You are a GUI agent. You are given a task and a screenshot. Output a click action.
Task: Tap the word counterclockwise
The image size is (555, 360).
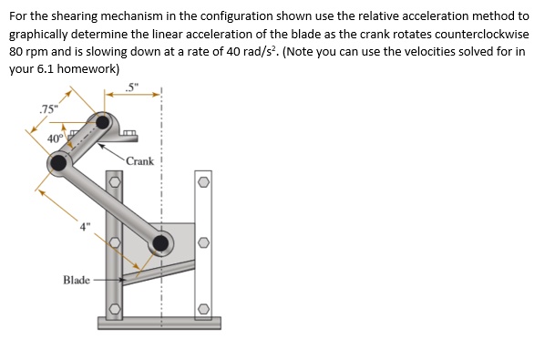(x=482, y=35)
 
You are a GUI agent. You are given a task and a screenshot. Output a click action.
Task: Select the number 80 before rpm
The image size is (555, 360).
(x=15, y=52)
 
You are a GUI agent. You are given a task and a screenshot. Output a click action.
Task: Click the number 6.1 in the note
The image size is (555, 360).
(x=46, y=69)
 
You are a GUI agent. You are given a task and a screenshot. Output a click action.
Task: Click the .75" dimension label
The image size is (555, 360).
(x=48, y=109)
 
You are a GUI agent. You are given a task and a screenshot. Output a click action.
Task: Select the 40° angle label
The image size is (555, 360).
(x=57, y=139)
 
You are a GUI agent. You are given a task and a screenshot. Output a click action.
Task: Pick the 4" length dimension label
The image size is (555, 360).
(x=84, y=227)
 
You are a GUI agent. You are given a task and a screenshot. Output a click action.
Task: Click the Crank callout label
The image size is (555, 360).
(x=140, y=161)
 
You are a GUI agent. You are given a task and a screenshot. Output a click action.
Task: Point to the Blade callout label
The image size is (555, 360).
(x=77, y=280)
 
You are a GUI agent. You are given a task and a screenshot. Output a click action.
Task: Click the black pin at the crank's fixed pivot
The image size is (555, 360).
(x=103, y=122)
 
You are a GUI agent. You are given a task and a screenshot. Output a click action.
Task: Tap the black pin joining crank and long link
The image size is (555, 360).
(x=58, y=163)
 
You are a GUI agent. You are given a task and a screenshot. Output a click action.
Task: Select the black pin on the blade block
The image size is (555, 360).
(x=160, y=243)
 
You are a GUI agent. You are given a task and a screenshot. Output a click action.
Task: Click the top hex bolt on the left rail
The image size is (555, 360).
(x=114, y=182)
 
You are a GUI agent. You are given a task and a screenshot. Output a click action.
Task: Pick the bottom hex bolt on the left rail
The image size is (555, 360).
(x=114, y=309)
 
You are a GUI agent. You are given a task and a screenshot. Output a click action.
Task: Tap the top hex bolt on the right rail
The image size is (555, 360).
(x=203, y=182)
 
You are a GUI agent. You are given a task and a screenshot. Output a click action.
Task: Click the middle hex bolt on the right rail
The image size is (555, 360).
(x=203, y=242)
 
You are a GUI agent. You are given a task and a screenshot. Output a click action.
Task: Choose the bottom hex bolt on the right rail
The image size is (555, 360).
(x=203, y=309)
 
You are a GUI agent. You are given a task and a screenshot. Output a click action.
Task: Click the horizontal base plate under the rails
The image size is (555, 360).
(x=159, y=324)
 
